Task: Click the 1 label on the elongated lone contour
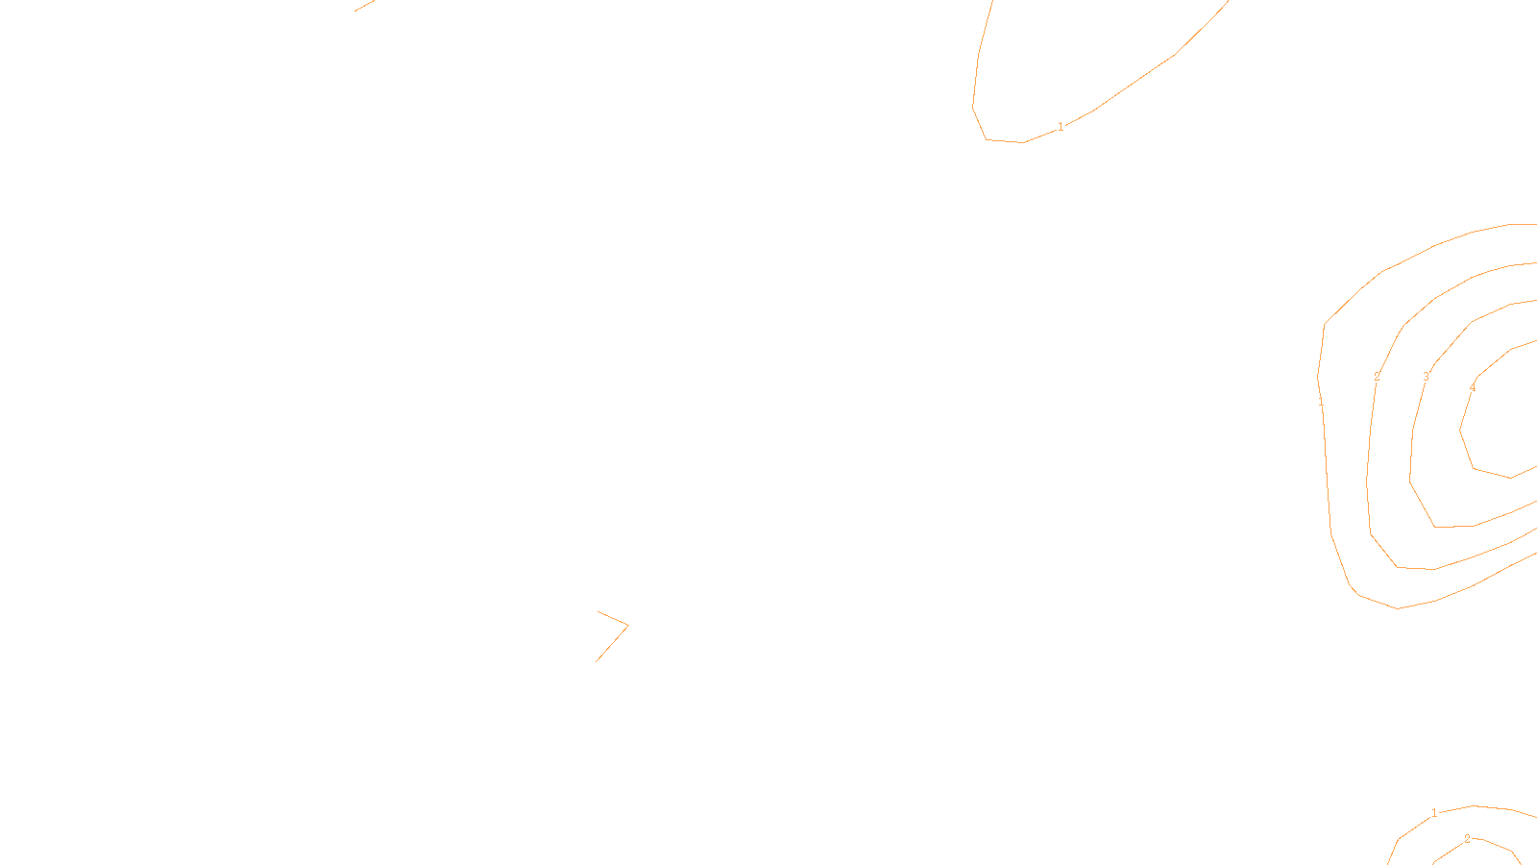(x=1061, y=127)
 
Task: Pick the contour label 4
(x=1473, y=388)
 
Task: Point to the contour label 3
(x=1426, y=377)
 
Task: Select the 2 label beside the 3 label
(x=1377, y=377)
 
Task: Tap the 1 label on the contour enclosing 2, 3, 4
(x=1321, y=403)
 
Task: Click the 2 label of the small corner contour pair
(x=1467, y=839)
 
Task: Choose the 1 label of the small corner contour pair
(x=1434, y=813)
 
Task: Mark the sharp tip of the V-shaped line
(x=628, y=626)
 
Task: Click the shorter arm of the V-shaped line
(x=613, y=618)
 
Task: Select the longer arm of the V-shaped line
(x=612, y=644)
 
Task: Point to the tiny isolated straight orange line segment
(x=363, y=6)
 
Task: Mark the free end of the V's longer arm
(x=596, y=661)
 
